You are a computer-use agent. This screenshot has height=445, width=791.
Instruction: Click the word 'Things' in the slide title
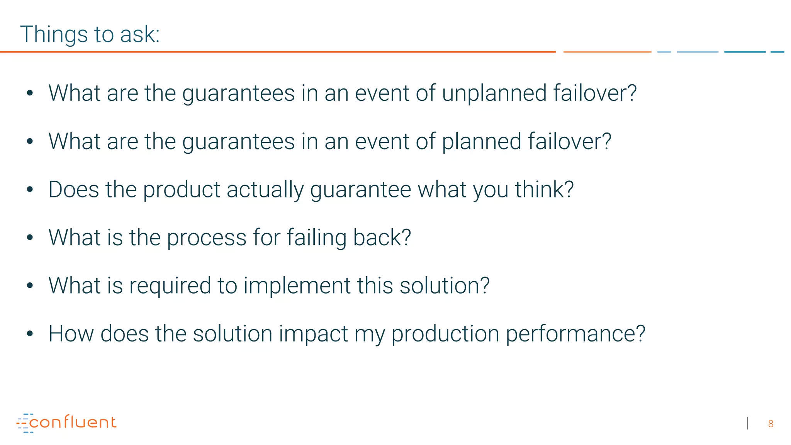click(x=54, y=35)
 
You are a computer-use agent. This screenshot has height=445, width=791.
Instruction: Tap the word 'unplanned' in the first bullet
click(x=494, y=93)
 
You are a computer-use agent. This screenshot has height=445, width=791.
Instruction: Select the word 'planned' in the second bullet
click(x=481, y=142)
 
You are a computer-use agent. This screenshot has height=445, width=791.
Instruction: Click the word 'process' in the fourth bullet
click(x=207, y=238)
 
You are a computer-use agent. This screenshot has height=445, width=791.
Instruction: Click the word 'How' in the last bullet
click(x=71, y=334)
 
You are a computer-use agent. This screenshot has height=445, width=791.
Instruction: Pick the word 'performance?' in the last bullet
click(x=575, y=334)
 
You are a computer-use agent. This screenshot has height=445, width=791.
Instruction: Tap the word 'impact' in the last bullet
click(x=313, y=334)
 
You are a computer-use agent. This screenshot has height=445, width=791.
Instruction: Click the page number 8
click(x=771, y=424)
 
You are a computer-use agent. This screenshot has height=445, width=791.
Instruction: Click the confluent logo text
click(x=73, y=422)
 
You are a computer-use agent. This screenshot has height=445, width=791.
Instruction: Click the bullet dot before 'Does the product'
click(x=30, y=190)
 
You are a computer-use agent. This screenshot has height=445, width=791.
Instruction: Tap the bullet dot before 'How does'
click(x=30, y=334)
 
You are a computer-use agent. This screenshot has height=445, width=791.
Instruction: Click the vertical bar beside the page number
click(x=748, y=423)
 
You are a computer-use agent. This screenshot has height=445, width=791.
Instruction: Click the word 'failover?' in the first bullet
click(x=595, y=93)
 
